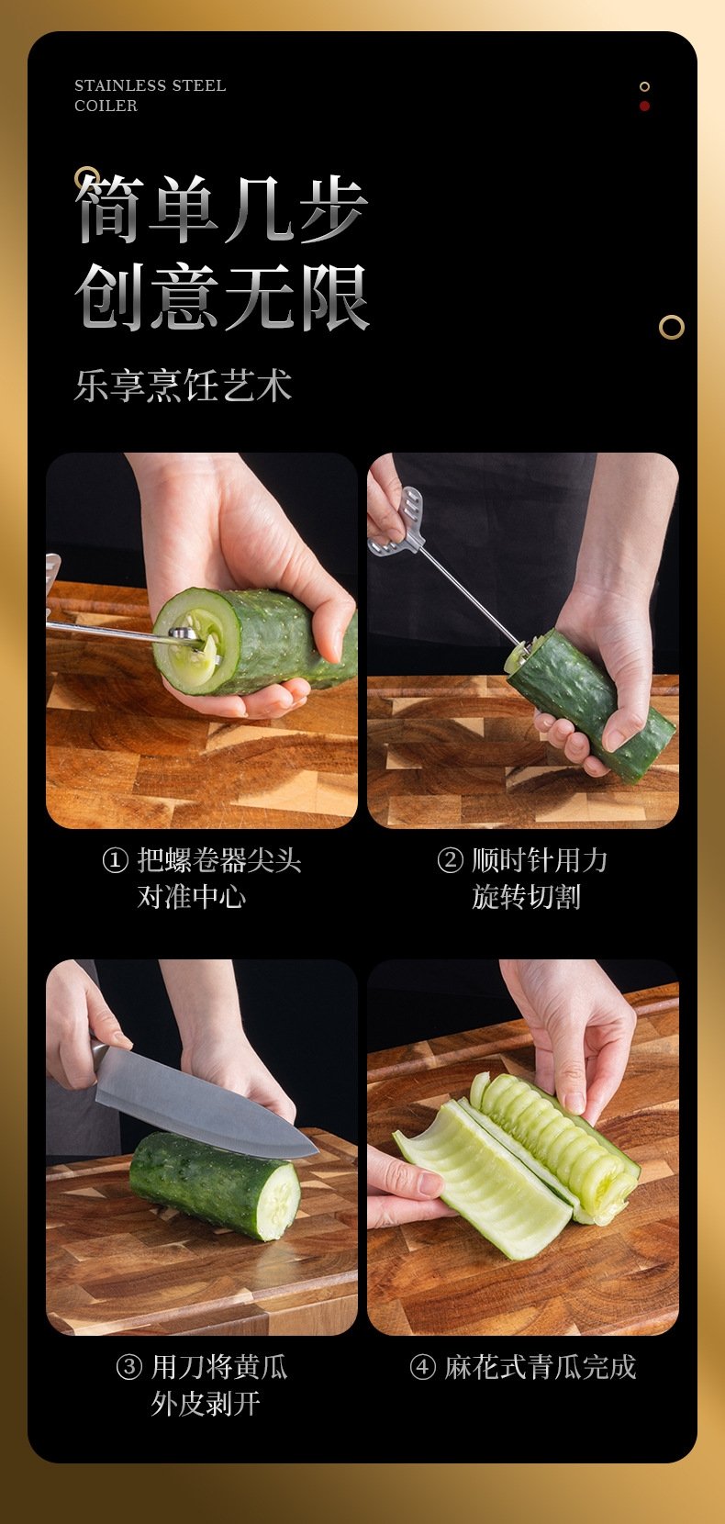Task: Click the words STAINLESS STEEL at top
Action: click(x=150, y=85)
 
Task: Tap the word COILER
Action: click(x=106, y=106)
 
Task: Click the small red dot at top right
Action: click(x=645, y=106)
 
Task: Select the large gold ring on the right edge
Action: click(x=671, y=327)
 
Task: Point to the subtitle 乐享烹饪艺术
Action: click(x=183, y=386)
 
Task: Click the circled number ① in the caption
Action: click(x=115, y=860)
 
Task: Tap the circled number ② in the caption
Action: click(x=450, y=860)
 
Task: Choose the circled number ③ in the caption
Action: click(x=129, y=1367)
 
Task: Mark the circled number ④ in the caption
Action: click(x=422, y=1367)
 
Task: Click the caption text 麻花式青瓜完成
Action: click(x=541, y=1367)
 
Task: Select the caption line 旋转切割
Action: click(x=527, y=897)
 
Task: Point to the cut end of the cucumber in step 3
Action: click(x=279, y=1202)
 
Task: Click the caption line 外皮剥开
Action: click(x=206, y=1403)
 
